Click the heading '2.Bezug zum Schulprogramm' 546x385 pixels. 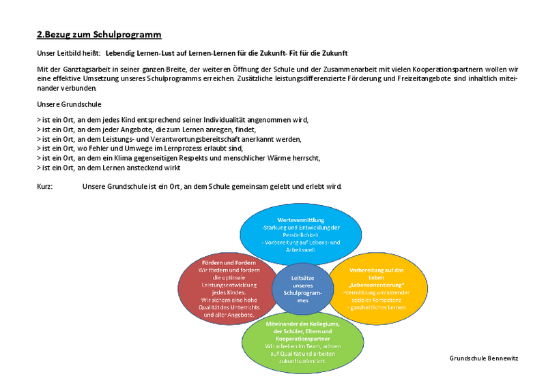(98, 35)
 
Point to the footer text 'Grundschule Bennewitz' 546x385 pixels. (484, 358)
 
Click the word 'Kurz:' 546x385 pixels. (46, 187)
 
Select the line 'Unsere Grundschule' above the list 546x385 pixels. (69, 104)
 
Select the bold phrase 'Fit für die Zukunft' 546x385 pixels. (324, 52)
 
